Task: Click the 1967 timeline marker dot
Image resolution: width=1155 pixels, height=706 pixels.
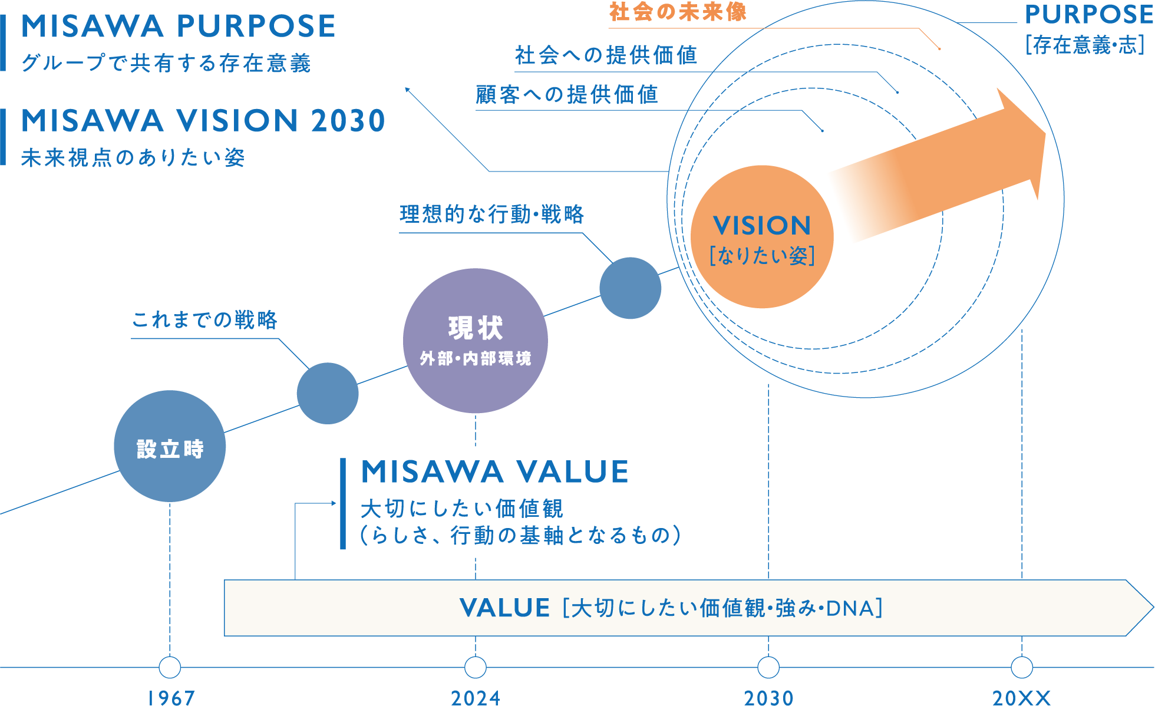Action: (170, 668)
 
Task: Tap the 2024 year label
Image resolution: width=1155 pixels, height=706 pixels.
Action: (476, 698)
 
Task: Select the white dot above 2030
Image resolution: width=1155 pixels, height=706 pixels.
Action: (768, 668)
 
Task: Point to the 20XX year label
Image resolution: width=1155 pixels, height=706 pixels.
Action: (1022, 698)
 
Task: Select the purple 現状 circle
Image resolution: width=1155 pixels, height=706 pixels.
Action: (476, 341)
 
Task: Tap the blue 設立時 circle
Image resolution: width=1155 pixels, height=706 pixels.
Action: (170, 447)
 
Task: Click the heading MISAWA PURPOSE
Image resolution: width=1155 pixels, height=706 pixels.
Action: (178, 27)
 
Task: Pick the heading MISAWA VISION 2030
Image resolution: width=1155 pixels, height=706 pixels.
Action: (203, 121)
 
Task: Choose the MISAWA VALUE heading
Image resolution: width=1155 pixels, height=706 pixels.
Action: (495, 472)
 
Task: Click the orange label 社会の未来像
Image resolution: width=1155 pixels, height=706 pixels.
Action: (678, 12)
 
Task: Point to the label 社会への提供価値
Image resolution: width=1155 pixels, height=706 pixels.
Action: (606, 55)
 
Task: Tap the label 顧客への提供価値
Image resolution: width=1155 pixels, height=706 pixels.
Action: (567, 94)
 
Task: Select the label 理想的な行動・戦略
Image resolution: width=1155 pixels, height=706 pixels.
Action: (491, 214)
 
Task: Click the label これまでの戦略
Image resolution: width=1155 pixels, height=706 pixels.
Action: (204, 320)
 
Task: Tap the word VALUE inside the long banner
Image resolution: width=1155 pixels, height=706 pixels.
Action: (504, 608)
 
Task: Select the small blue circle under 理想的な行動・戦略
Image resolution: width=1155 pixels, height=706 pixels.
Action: (631, 288)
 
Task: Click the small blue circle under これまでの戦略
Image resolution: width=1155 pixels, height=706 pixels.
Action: (328, 393)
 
